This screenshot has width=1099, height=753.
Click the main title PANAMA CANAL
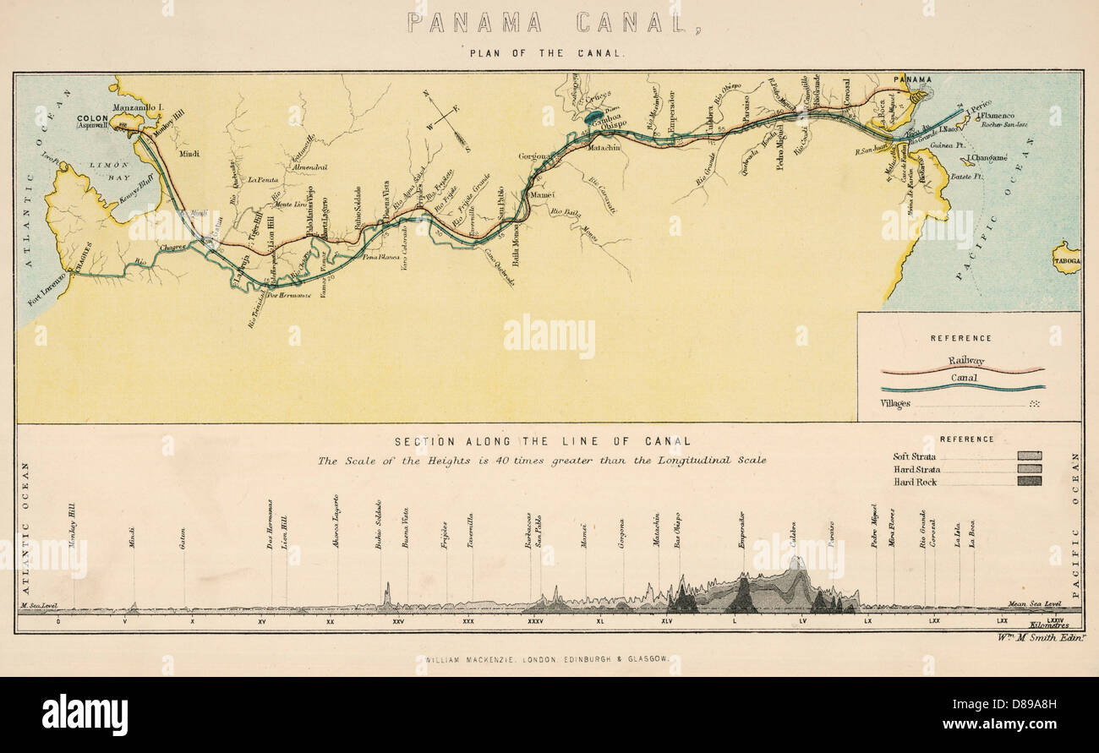point(549,23)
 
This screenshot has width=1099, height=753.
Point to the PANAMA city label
point(913,80)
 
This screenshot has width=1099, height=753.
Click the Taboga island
point(1065,257)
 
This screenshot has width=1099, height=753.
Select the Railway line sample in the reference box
point(963,368)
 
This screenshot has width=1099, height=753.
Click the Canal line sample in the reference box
point(963,387)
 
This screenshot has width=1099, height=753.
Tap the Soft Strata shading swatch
point(1030,456)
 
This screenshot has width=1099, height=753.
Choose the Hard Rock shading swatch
point(1030,482)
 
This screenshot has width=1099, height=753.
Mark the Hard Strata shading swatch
point(1030,469)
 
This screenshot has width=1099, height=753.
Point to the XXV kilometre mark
point(398,621)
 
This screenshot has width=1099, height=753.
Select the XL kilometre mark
point(600,621)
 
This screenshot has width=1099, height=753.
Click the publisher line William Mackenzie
point(548,658)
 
